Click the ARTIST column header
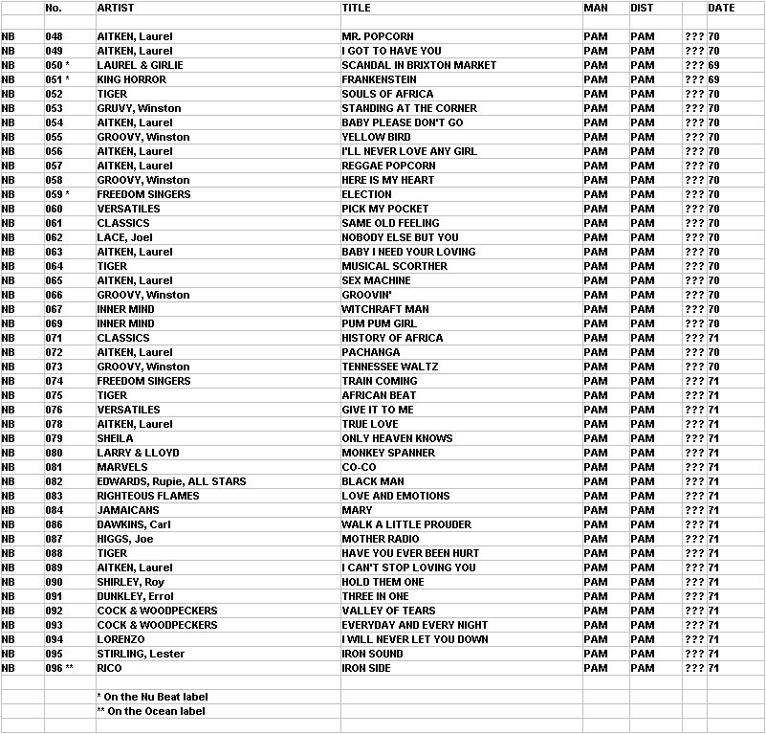coord(116,8)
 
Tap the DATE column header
coord(721,8)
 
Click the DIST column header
coord(642,8)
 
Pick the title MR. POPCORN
coord(377,36)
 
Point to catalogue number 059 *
coord(57,194)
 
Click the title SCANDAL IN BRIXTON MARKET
coord(419,65)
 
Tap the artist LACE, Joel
coord(125,237)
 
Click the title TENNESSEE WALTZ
coord(390,367)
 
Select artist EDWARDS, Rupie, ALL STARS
coord(171,481)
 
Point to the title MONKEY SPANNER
coord(388,453)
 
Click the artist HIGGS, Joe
coord(126,539)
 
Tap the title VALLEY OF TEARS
coord(388,611)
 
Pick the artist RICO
coord(110,668)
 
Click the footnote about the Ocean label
coord(151,711)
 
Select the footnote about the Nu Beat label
coord(152,697)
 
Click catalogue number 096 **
coord(59,668)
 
